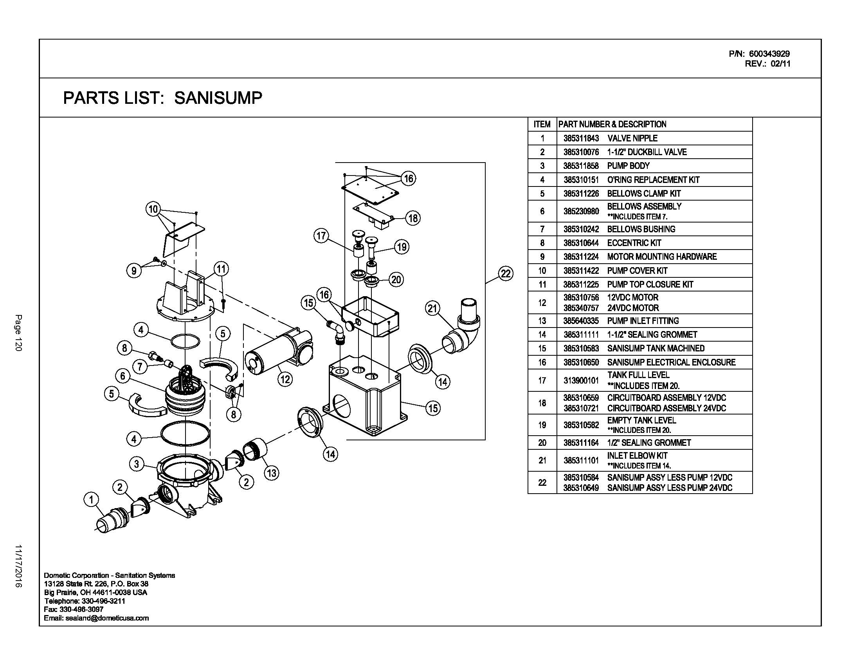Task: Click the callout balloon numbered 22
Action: pyautogui.click(x=505, y=273)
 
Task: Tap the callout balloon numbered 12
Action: pyautogui.click(x=285, y=380)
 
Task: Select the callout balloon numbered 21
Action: pyautogui.click(x=433, y=308)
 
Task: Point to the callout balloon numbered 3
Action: pyautogui.click(x=137, y=463)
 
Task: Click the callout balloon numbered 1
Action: pyautogui.click(x=92, y=500)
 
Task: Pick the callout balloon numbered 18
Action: pyautogui.click(x=413, y=218)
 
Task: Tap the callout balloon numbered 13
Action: pyautogui.click(x=272, y=473)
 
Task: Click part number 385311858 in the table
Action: pyautogui.click(x=581, y=166)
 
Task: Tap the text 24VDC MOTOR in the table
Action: pyautogui.click(x=633, y=308)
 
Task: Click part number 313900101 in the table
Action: pyautogui.click(x=581, y=380)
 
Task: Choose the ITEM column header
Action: pyautogui.click(x=542, y=124)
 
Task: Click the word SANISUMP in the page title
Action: pyautogui.click(x=218, y=98)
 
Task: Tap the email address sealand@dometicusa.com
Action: pyautogui.click(x=97, y=618)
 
